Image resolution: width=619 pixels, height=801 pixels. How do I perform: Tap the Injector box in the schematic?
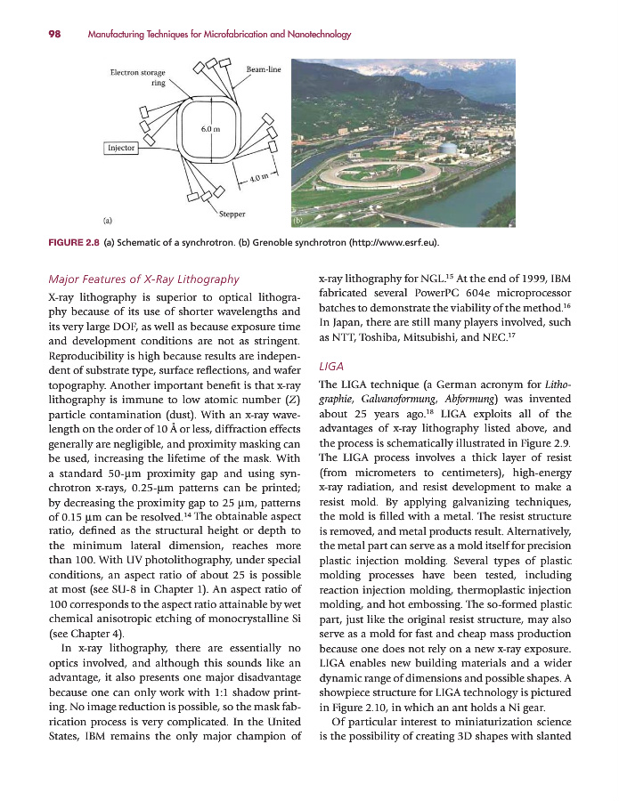[120, 148]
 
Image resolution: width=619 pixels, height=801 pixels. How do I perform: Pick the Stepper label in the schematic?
[232, 214]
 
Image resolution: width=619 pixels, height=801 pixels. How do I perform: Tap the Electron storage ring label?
[143, 77]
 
